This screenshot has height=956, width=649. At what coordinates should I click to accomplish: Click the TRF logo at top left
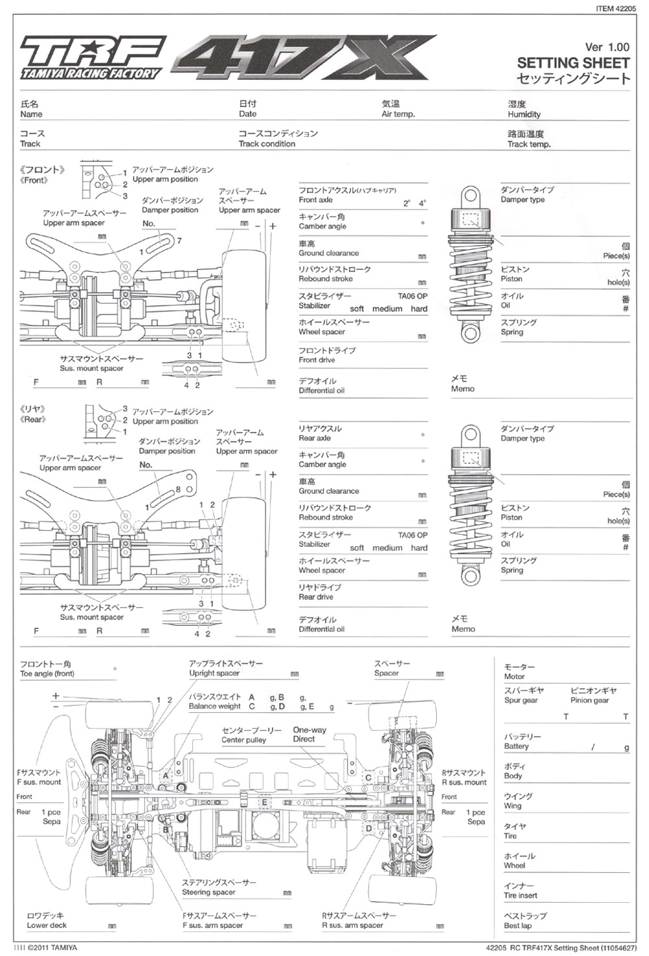90,57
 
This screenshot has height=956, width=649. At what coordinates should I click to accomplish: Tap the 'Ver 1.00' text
607,47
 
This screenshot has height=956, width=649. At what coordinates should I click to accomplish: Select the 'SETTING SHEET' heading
573,63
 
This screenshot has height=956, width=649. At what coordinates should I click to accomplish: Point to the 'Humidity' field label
524,115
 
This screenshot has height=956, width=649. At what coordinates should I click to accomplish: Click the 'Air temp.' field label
398,114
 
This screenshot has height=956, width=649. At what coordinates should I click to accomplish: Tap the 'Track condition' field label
267,144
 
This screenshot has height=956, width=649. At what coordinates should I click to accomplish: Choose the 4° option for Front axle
422,203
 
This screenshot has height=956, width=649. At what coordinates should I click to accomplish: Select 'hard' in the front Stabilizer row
419,309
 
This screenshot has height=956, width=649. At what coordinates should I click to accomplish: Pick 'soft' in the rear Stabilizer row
356,548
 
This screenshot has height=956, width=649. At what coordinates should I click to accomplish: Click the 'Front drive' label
317,360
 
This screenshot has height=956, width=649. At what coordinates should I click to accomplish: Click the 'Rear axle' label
315,438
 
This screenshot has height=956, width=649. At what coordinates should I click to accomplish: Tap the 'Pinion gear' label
589,700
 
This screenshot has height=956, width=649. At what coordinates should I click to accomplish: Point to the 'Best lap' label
517,926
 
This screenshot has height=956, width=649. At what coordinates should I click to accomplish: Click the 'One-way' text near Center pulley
310,730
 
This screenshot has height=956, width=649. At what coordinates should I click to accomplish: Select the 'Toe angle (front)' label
47,674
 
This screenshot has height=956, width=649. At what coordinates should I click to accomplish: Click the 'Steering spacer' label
208,892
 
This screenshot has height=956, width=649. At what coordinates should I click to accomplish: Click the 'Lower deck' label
47,926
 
